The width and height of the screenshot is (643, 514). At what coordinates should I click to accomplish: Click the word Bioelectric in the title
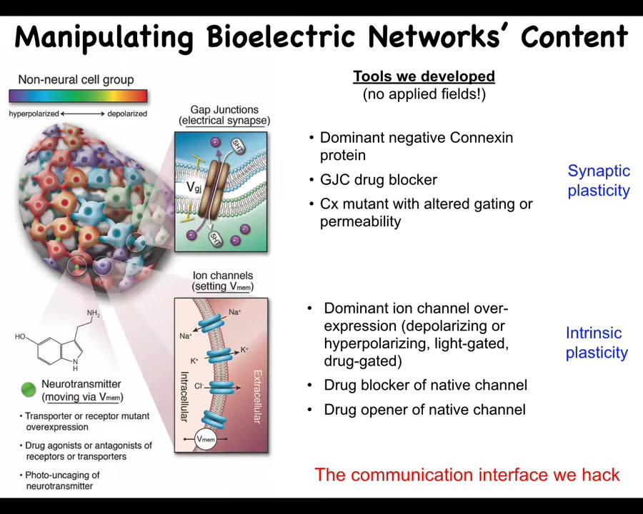[281, 37]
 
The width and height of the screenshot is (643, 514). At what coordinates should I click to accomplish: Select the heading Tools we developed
[424, 76]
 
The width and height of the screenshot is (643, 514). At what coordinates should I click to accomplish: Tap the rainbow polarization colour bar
[78, 96]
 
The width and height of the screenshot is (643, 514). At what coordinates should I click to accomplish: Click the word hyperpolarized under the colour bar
[34, 114]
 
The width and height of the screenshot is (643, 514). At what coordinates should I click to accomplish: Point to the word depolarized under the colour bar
[127, 114]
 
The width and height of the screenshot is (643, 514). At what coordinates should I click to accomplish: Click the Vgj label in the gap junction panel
[194, 187]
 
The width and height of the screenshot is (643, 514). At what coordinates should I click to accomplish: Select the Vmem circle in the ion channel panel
[206, 439]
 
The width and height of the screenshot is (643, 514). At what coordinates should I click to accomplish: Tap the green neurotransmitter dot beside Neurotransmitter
[29, 389]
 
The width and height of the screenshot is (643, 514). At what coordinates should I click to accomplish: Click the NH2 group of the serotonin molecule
[94, 313]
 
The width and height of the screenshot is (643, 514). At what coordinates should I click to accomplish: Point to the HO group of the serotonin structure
[20, 336]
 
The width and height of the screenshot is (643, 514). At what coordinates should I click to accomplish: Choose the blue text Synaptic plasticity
[599, 181]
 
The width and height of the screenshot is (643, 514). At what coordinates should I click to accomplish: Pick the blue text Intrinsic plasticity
[597, 343]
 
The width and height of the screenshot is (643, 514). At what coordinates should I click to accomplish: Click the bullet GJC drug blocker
[373, 179]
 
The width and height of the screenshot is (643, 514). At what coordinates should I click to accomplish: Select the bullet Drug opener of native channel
[417, 410]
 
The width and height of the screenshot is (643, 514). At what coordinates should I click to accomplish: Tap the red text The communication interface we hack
[467, 475]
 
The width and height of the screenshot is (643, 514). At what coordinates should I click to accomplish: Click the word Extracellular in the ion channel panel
[257, 397]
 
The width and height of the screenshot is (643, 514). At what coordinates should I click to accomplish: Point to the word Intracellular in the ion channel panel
[184, 397]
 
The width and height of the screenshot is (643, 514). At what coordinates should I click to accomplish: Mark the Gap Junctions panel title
[224, 115]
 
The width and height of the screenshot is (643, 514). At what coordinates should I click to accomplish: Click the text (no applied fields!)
[424, 94]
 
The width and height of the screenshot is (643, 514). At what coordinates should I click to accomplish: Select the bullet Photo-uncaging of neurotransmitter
[60, 480]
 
